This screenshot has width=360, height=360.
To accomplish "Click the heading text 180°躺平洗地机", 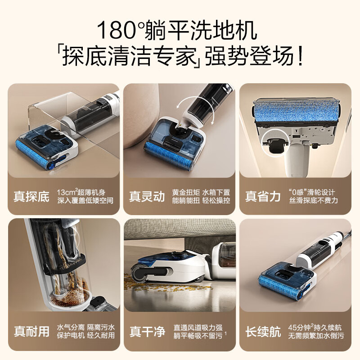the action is pyautogui.click(x=176, y=30).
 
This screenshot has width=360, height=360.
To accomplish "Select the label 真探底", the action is pyautogui.click(x=31, y=197).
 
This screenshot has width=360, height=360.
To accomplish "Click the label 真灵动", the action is pyautogui.click(x=147, y=197).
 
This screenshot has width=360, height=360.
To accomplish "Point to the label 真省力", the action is pyautogui.click(x=263, y=197).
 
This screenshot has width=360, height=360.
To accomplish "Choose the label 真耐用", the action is pyautogui.click(x=31, y=332).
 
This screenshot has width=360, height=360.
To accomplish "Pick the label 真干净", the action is pyautogui.click(x=148, y=332).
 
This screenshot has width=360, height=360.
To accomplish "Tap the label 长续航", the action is pyautogui.click(x=263, y=332).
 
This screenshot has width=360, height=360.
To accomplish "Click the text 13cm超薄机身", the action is pyautogui.click(x=81, y=192).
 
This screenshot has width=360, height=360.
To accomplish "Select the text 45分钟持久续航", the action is pyautogui.click(x=315, y=327).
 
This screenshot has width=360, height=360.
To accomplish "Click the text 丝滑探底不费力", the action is pyautogui.click(x=313, y=200).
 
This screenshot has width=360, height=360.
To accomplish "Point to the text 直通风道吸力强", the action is pyautogui.click(x=198, y=328).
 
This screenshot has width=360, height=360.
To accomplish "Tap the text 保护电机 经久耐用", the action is pyautogui.click(x=85, y=335).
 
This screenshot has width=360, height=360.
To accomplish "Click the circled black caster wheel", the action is pyautogui.click(x=274, y=145).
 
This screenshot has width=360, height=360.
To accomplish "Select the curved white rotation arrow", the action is pyautogui.click(x=195, y=108).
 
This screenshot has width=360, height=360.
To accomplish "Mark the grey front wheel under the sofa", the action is pyautogui.click(x=139, y=273).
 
